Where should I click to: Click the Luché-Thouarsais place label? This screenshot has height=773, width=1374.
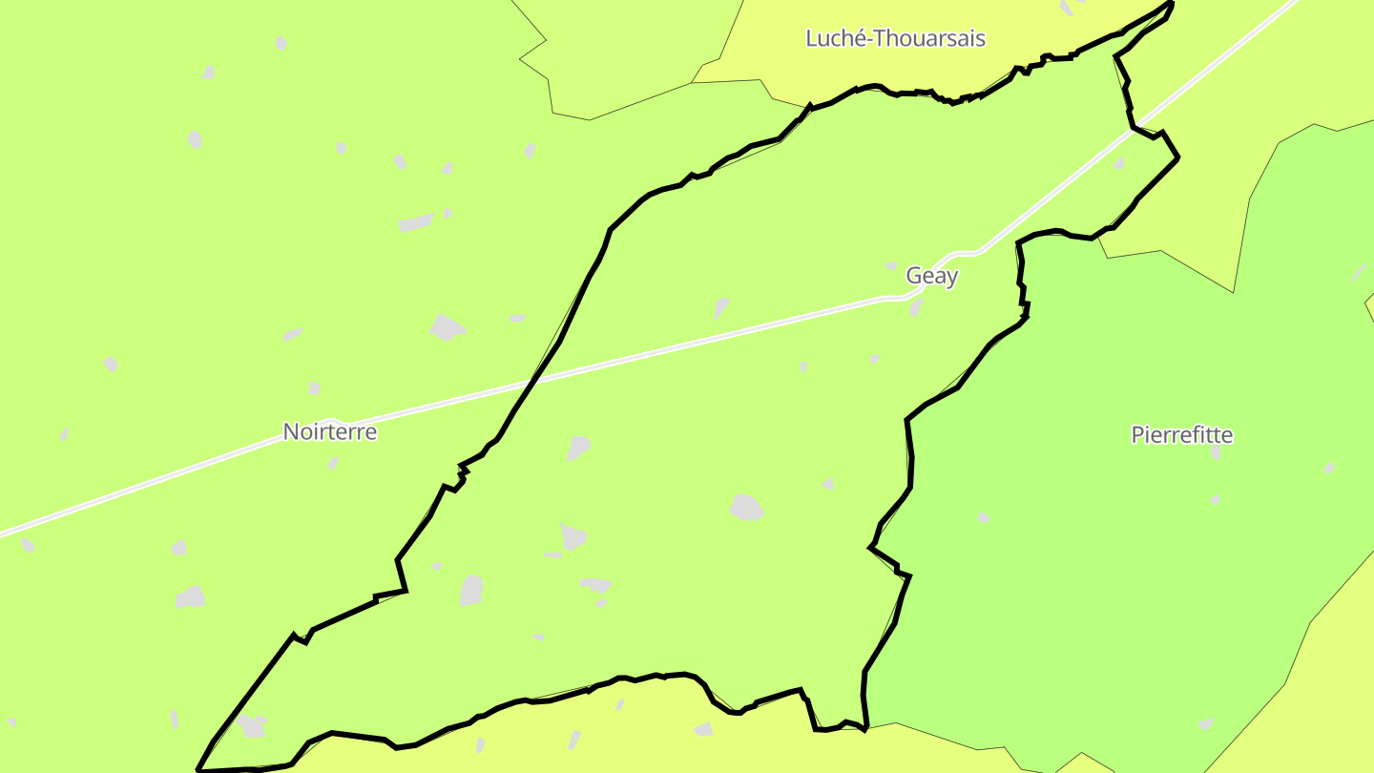coord(895,38)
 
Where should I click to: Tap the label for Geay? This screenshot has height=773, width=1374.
coord(931,276)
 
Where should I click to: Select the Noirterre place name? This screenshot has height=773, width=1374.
coord(330,431)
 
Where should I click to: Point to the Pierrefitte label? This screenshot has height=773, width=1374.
coord(1181,435)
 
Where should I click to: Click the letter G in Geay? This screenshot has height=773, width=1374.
coord(914,276)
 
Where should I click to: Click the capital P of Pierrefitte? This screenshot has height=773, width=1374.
coord(1137,435)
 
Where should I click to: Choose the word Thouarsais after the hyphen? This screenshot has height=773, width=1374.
coord(930,38)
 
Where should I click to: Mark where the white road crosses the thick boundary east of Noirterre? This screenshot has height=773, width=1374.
coord(533,382)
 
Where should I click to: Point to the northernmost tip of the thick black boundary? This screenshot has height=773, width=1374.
coord(1170,3)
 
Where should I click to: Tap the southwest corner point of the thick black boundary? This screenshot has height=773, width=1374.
coord(198,769)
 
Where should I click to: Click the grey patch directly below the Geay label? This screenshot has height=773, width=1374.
coord(916,307)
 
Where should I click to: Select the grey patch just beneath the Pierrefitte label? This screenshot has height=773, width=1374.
coord(1216,451)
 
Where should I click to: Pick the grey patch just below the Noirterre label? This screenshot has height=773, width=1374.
coord(333,464)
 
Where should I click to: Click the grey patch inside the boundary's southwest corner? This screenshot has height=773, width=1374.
coord(252,726)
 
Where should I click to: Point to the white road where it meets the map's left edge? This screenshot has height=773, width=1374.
coord(3,533)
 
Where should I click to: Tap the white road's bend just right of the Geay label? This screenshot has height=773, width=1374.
coord(966,253)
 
